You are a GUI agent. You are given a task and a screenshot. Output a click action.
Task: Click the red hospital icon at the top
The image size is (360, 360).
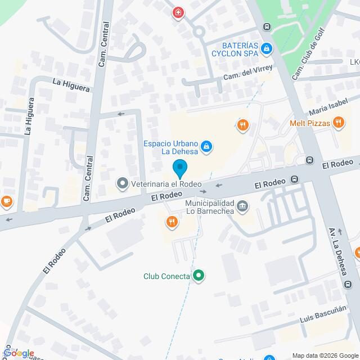(178, 12)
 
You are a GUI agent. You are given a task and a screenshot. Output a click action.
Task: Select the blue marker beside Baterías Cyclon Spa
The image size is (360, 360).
(268, 50)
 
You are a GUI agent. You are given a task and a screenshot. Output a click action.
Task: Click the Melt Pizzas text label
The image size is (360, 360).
(309, 123)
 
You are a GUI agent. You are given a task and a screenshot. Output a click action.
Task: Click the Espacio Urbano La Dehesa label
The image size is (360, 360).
(169, 147)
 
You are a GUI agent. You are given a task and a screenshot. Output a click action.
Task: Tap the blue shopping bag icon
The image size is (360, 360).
(207, 147)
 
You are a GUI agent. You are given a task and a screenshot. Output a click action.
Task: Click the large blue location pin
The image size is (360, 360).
(179, 169)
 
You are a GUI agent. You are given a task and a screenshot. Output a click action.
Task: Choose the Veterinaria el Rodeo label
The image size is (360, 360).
(166, 183)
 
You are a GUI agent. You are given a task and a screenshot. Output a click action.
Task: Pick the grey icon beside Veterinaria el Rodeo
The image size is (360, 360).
(122, 183)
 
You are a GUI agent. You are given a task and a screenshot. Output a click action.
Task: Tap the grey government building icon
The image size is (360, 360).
(242, 206)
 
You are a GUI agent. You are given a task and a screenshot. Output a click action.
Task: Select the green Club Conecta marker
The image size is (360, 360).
(198, 276)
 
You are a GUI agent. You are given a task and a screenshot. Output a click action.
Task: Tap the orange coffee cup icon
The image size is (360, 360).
(6, 200)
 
